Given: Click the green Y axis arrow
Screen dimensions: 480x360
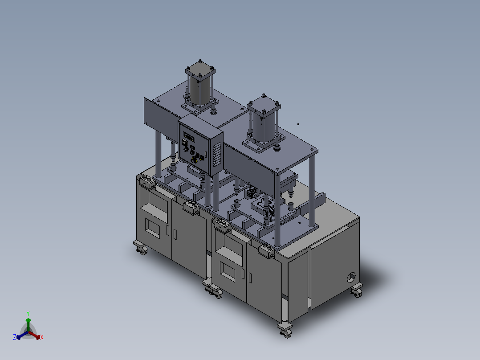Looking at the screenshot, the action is click(x=28, y=324).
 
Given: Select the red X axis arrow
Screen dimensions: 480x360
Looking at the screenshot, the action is click(x=34, y=335).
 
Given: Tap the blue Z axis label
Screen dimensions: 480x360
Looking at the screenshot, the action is click(x=14, y=337).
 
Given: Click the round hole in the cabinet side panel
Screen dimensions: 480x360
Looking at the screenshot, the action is click(x=351, y=277).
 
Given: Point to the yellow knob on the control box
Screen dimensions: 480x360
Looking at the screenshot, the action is click(x=194, y=160).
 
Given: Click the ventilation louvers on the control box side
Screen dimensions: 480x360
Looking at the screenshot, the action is click(x=217, y=155).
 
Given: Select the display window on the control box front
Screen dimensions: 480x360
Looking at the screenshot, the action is click(x=189, y=137).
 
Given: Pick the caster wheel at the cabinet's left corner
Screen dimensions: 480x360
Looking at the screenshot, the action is click(x=141, y=249).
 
